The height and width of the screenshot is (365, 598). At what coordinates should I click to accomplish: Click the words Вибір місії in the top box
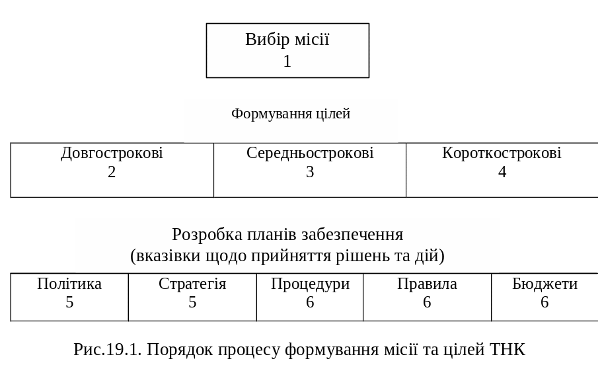(287, 40)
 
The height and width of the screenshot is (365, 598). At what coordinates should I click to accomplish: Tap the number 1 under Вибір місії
(287, 61)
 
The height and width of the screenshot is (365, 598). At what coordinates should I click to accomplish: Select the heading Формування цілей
(291, 114)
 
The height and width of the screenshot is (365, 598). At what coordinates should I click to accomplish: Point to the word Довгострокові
(112, 153)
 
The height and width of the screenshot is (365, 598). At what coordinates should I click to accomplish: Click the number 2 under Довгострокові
(112, 173)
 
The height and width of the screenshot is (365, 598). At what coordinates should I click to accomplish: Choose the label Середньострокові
(310, 153)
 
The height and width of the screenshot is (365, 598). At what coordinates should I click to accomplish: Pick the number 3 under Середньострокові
(310, 173)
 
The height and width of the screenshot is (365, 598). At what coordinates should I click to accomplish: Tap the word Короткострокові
(502, 153)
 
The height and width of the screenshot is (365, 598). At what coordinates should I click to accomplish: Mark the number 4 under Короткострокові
(502, 173)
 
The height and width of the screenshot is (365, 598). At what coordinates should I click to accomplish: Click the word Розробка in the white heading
(203, 235)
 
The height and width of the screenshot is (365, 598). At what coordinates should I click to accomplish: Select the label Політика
(69, 284)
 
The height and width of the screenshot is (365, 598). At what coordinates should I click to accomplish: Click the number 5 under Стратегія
(192, 303)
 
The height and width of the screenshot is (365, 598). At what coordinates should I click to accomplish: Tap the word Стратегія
(192, 284)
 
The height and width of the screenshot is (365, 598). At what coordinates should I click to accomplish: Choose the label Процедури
(310, 284)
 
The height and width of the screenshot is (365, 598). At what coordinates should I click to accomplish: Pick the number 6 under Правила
(427, 303)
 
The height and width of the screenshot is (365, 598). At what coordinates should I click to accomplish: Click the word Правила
(427, 284)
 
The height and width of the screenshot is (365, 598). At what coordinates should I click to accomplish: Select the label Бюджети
(544, 284)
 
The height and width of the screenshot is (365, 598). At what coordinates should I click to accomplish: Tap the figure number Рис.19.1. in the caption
(108, 349)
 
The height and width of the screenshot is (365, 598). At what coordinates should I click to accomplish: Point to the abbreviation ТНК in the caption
(508, 349)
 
